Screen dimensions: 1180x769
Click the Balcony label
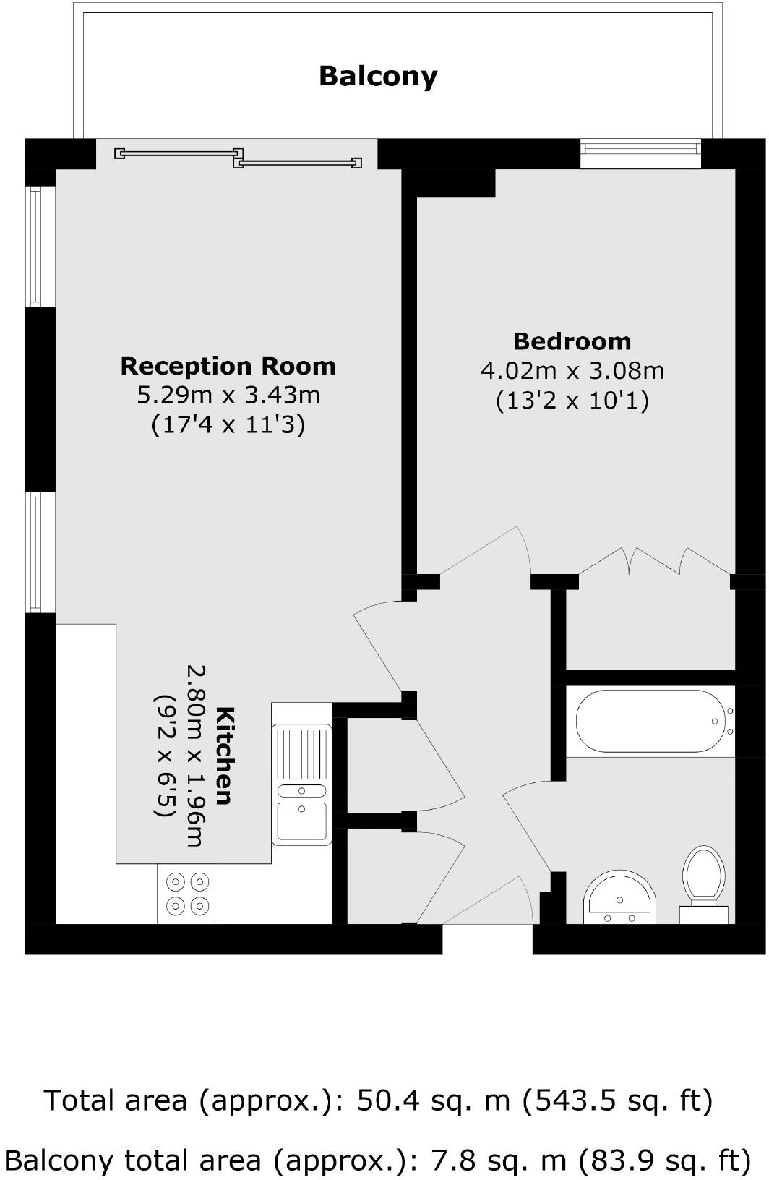378,76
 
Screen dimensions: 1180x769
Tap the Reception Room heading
228,366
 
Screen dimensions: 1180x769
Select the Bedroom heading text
572,341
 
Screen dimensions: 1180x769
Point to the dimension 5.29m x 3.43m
228,395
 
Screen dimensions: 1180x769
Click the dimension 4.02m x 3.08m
572,370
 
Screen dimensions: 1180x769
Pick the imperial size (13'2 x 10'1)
572,400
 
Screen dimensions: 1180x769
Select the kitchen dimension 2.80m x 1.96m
197,756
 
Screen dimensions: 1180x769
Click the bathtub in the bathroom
650,721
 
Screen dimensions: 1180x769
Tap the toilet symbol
704,884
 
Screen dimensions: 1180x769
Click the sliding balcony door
239,158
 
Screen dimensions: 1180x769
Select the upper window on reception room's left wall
40,246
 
